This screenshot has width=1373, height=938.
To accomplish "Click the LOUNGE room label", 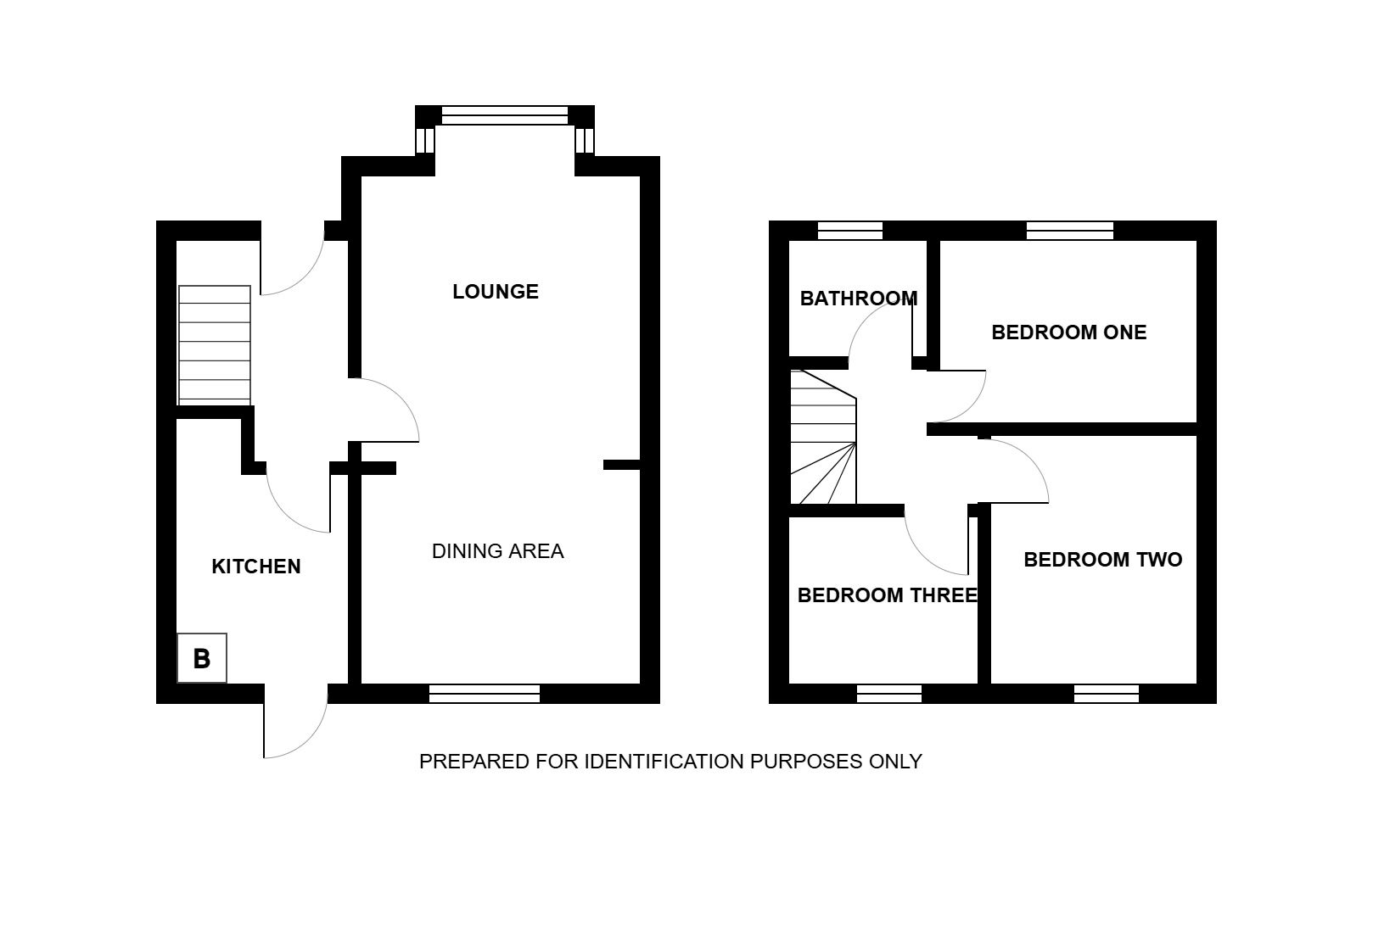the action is [x=496, y=292].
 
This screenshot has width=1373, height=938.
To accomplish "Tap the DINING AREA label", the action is [x=498, y=551].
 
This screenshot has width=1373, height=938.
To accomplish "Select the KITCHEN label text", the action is [x=256, y=567].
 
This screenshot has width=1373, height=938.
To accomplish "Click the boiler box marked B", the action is [x=202, y=658].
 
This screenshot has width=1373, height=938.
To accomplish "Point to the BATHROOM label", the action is [x=859, y=299].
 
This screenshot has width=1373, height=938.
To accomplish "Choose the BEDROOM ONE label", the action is [x=1069, y=332].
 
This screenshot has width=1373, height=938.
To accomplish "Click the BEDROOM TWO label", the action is [x=1102, y=560].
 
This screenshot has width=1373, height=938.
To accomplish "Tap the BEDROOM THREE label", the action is [x=887, y=595].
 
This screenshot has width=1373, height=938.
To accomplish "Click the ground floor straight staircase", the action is [x=215, y=345].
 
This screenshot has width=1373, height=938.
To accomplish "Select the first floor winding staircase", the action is [x=823, y=437].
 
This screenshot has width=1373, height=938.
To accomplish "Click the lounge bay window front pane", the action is [x=504, y=115].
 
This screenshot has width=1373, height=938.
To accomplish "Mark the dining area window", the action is [x=485, y=694].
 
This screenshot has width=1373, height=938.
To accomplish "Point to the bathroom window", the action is [x=850, y=231].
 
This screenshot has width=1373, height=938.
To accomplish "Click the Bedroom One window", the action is [x=1069, y=231].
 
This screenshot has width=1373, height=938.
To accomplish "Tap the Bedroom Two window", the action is [x=1107, y=694].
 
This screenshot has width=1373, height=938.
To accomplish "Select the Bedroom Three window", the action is [x=888, y=694].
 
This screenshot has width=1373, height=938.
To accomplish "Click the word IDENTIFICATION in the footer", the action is [x=664, y=762].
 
